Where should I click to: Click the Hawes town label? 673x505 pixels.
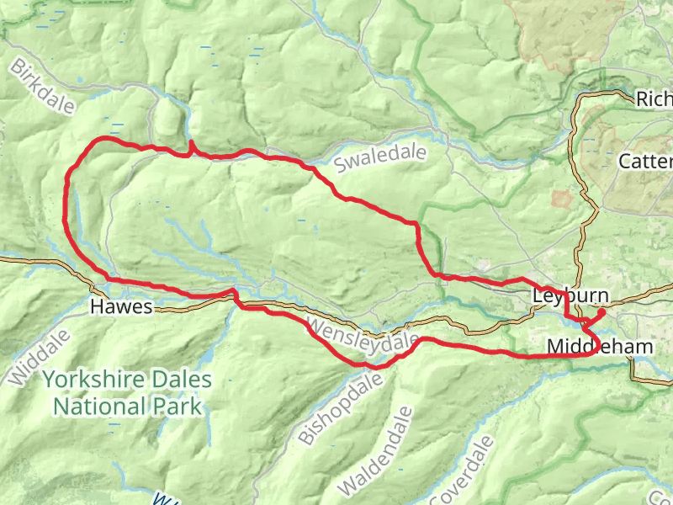click(x=122, y=307)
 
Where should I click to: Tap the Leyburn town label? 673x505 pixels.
click(x=570, y=296)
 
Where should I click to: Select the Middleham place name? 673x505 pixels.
click(x=600, y=347)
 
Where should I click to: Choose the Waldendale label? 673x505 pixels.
click(x=379, y=450)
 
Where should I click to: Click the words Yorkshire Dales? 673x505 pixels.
click(x=127, y=380)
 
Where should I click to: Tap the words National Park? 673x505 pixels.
click(x=127, y=407)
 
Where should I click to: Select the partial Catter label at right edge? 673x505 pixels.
click(x=644, y=161)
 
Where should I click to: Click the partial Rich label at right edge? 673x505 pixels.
click(x=654, y=99)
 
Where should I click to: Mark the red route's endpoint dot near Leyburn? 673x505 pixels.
click(x=602, y=313)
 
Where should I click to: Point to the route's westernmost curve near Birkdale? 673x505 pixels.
click(x=66, y=198)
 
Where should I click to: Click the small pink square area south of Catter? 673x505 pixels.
click(x=561, y=199)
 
